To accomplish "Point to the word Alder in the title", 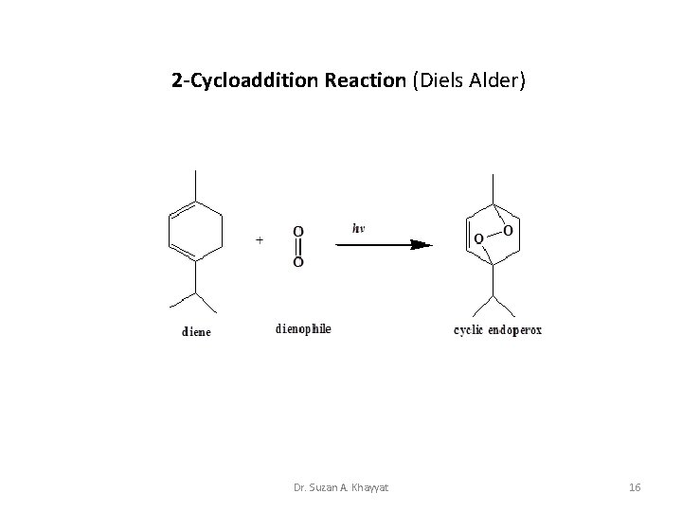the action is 492,80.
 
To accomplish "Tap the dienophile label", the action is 303,329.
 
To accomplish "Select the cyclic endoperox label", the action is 498,330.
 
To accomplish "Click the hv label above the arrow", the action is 358,228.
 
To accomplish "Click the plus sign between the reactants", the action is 260,240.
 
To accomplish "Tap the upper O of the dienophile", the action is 298,231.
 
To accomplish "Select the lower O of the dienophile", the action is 298,261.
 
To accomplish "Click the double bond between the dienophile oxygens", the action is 298,246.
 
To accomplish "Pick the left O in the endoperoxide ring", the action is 477,238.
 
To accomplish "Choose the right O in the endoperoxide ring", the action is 509,230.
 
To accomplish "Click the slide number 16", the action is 635,487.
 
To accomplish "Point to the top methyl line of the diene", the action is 195,185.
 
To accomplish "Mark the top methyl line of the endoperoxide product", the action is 493,187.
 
